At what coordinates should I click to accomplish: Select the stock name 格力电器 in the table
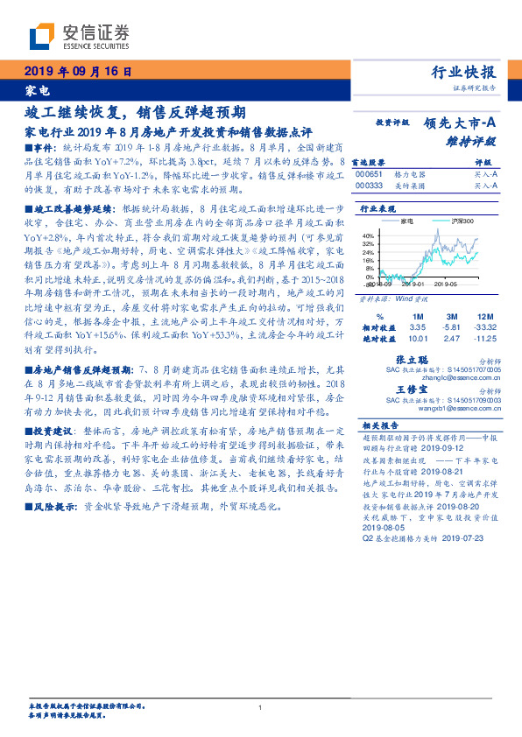402,174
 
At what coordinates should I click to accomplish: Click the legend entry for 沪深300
461,221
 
